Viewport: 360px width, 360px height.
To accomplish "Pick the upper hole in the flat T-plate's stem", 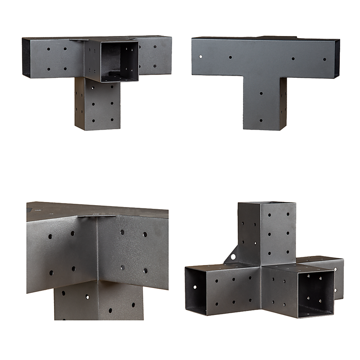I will click(261, 93).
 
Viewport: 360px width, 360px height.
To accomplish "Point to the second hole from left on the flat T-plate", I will click(230, 58).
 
